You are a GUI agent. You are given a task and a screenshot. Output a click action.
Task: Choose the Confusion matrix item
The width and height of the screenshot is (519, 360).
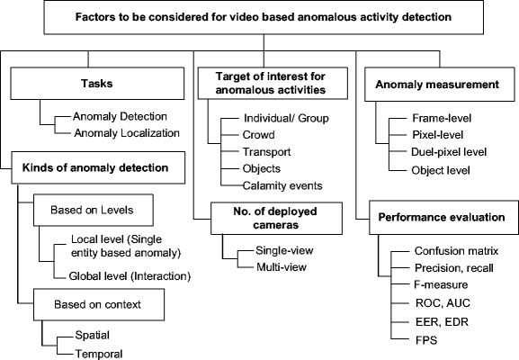coord(455,251)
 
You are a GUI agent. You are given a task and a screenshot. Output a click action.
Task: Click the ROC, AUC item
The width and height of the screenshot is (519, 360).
coord(440,301)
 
